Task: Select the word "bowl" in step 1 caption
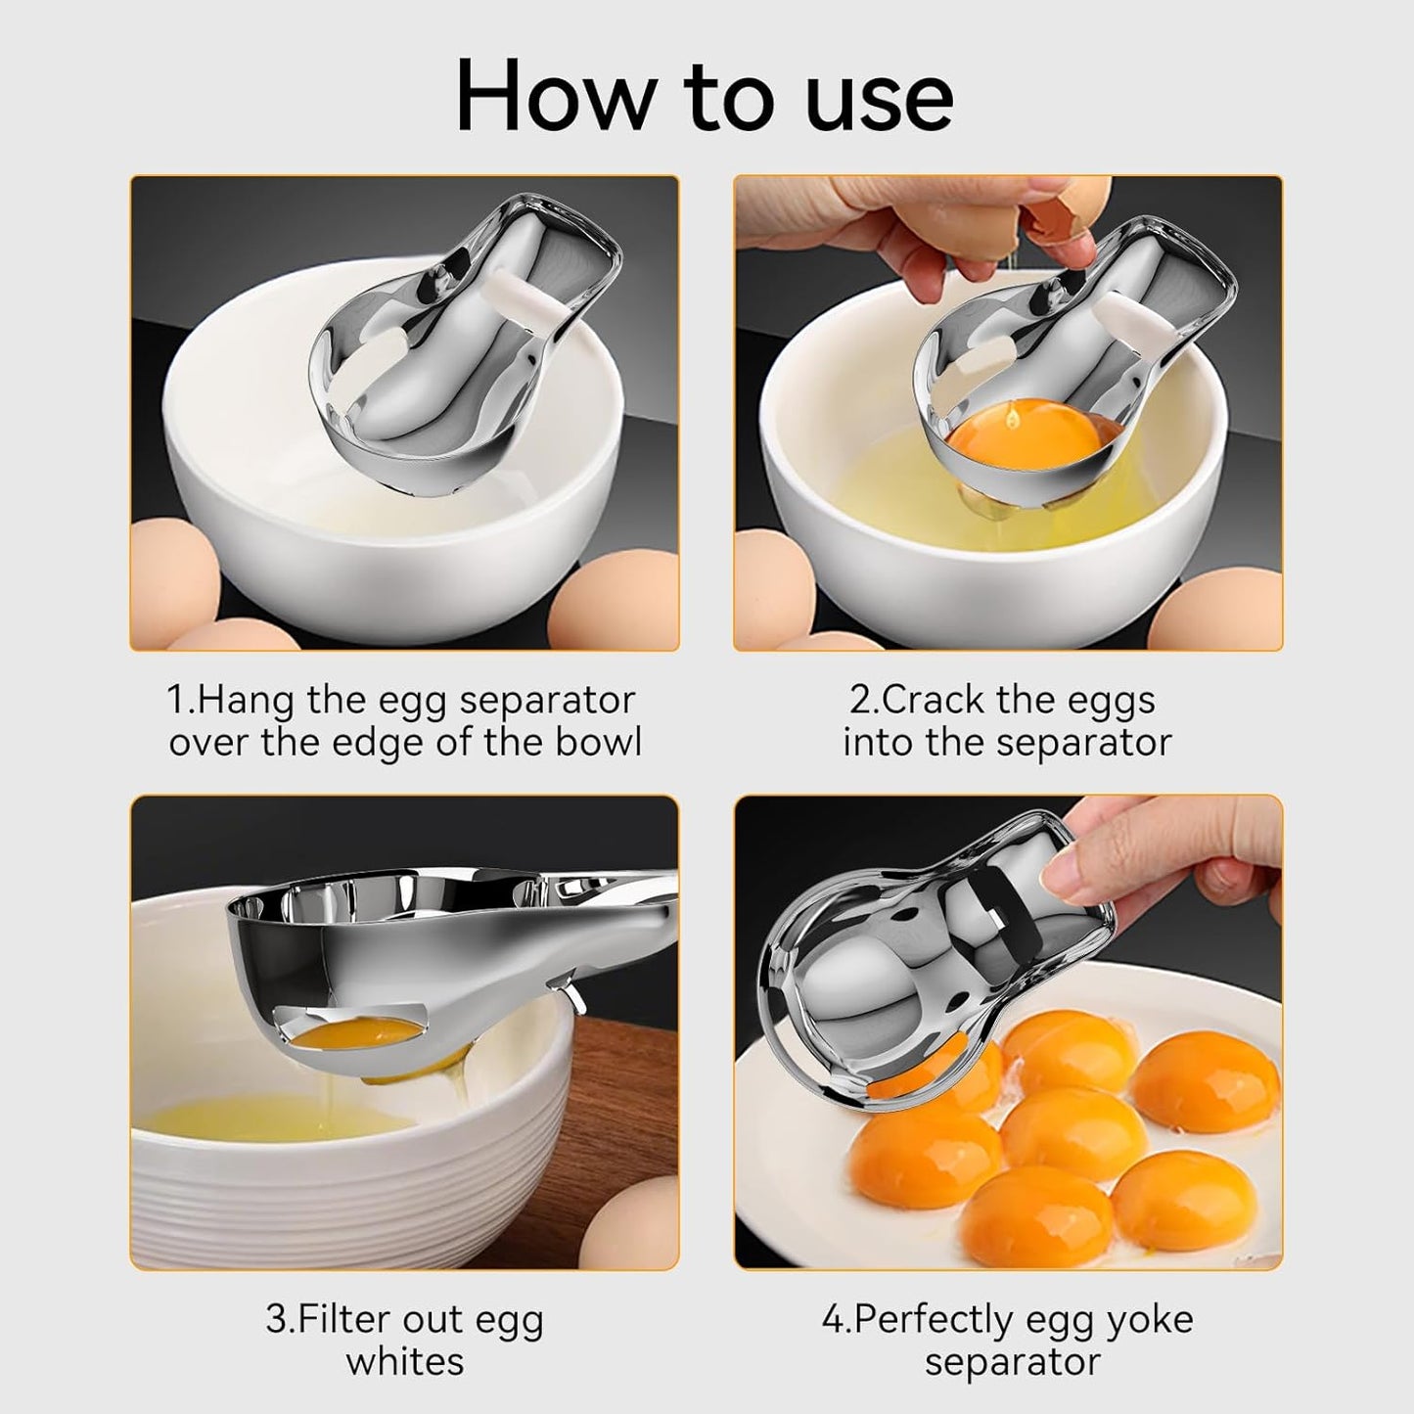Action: point(597,743)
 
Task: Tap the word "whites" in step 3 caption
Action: point(404,1361)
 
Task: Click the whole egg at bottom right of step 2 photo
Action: point(1218,612)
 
